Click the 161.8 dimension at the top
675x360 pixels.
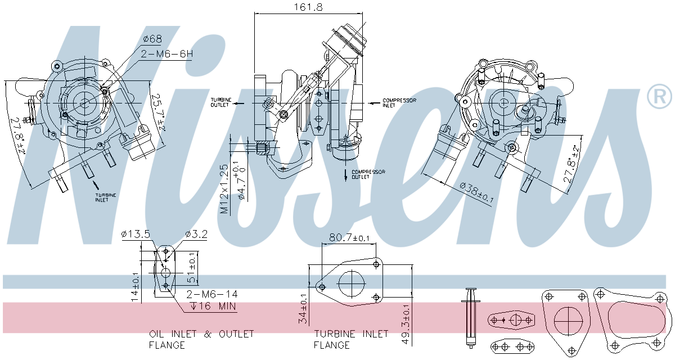pos(304,7)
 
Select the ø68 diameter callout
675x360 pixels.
pos(152,39)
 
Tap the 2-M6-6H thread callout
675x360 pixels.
pos(166,54)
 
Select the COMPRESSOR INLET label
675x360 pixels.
pos(399,103)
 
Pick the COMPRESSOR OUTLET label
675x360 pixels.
pos(368,174)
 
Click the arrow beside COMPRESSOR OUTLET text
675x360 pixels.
pos(345,175)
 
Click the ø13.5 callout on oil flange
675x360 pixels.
pos(136,234)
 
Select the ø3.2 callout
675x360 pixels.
pos(196,234)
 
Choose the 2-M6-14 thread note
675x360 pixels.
pos(211,294)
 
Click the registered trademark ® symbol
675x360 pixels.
pos(659,97)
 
